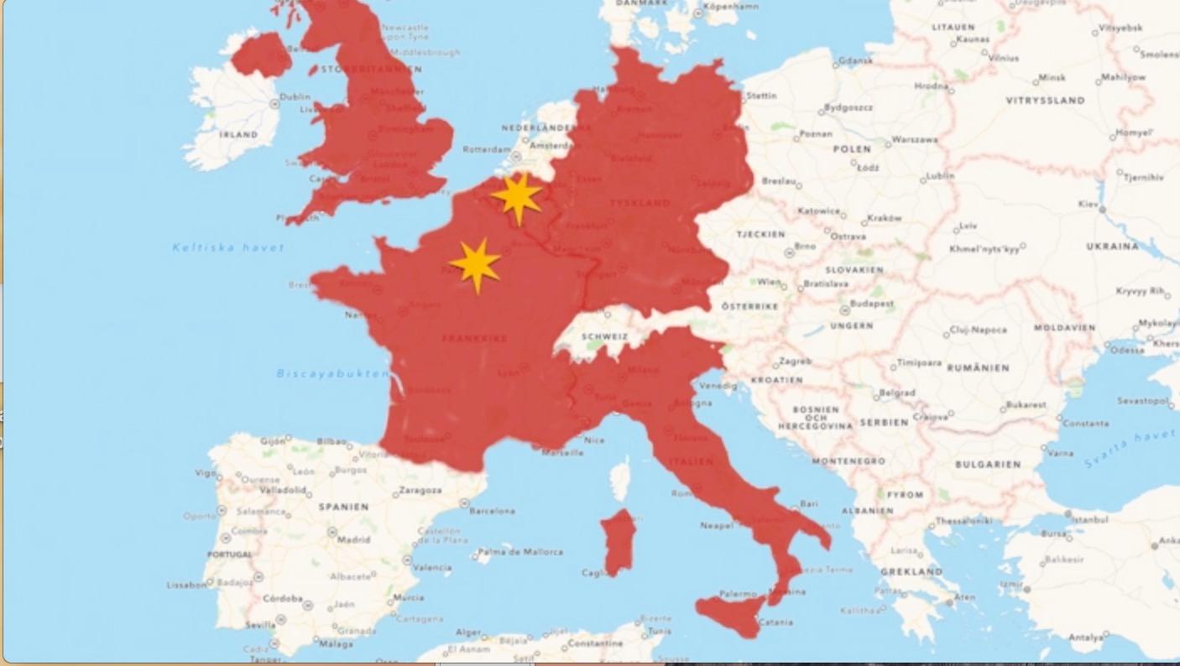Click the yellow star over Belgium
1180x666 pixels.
click(517, 198)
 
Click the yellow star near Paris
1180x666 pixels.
click(476, 264)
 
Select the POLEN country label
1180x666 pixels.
click(852, 148)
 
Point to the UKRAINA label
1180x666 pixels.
click(1113, 247)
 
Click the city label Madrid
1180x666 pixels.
click(353, 539)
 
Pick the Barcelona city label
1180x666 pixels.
click(492, 510)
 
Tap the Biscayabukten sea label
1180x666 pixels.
click(333, 374)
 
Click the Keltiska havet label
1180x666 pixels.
click(228, 247)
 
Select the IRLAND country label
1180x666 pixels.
click(238, 134)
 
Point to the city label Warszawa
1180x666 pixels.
click(915, 139)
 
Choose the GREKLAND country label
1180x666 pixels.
click(911, 571)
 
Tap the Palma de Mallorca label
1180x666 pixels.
click(521, 552)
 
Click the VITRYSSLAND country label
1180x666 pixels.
click(1045, 101)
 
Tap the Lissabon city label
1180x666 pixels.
click(186, 585)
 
